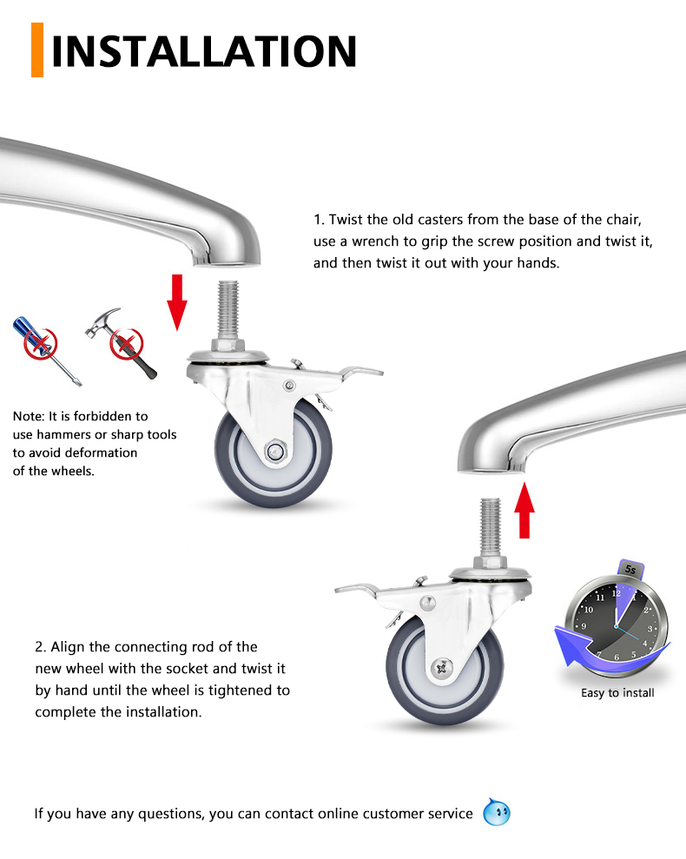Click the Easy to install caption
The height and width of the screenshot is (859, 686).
[x=617, y=693]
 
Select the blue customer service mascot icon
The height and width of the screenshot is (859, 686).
[x=497, y=813]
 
